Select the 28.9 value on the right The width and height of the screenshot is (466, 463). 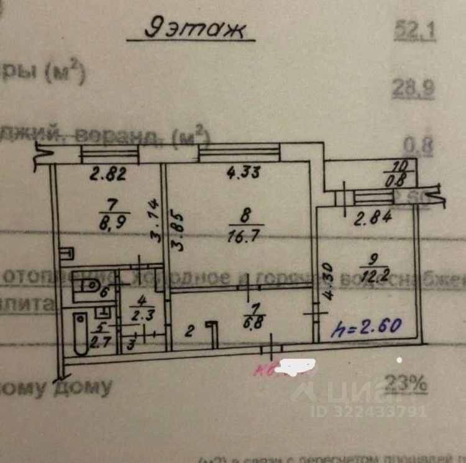point(413,89)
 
